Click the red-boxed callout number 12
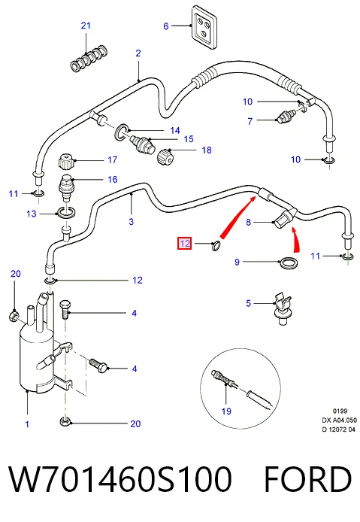[x=185, y=244]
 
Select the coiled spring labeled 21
[x=89, y=59]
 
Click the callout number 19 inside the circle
[x=226, y=411]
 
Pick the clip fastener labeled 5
[x=282, y=308]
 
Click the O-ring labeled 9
[x=288, y=264]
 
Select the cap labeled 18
[x=165, y=156]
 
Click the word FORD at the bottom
[x=308, y=478]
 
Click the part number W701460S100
[x=120, y=478]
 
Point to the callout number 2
[x=138, y=53]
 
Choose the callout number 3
[x=131, y=221]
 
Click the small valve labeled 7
[x=286, y=117]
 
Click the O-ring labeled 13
[x=67, y=213]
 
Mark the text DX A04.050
[x=339, y=420]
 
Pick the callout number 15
[x=189, y=139]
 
